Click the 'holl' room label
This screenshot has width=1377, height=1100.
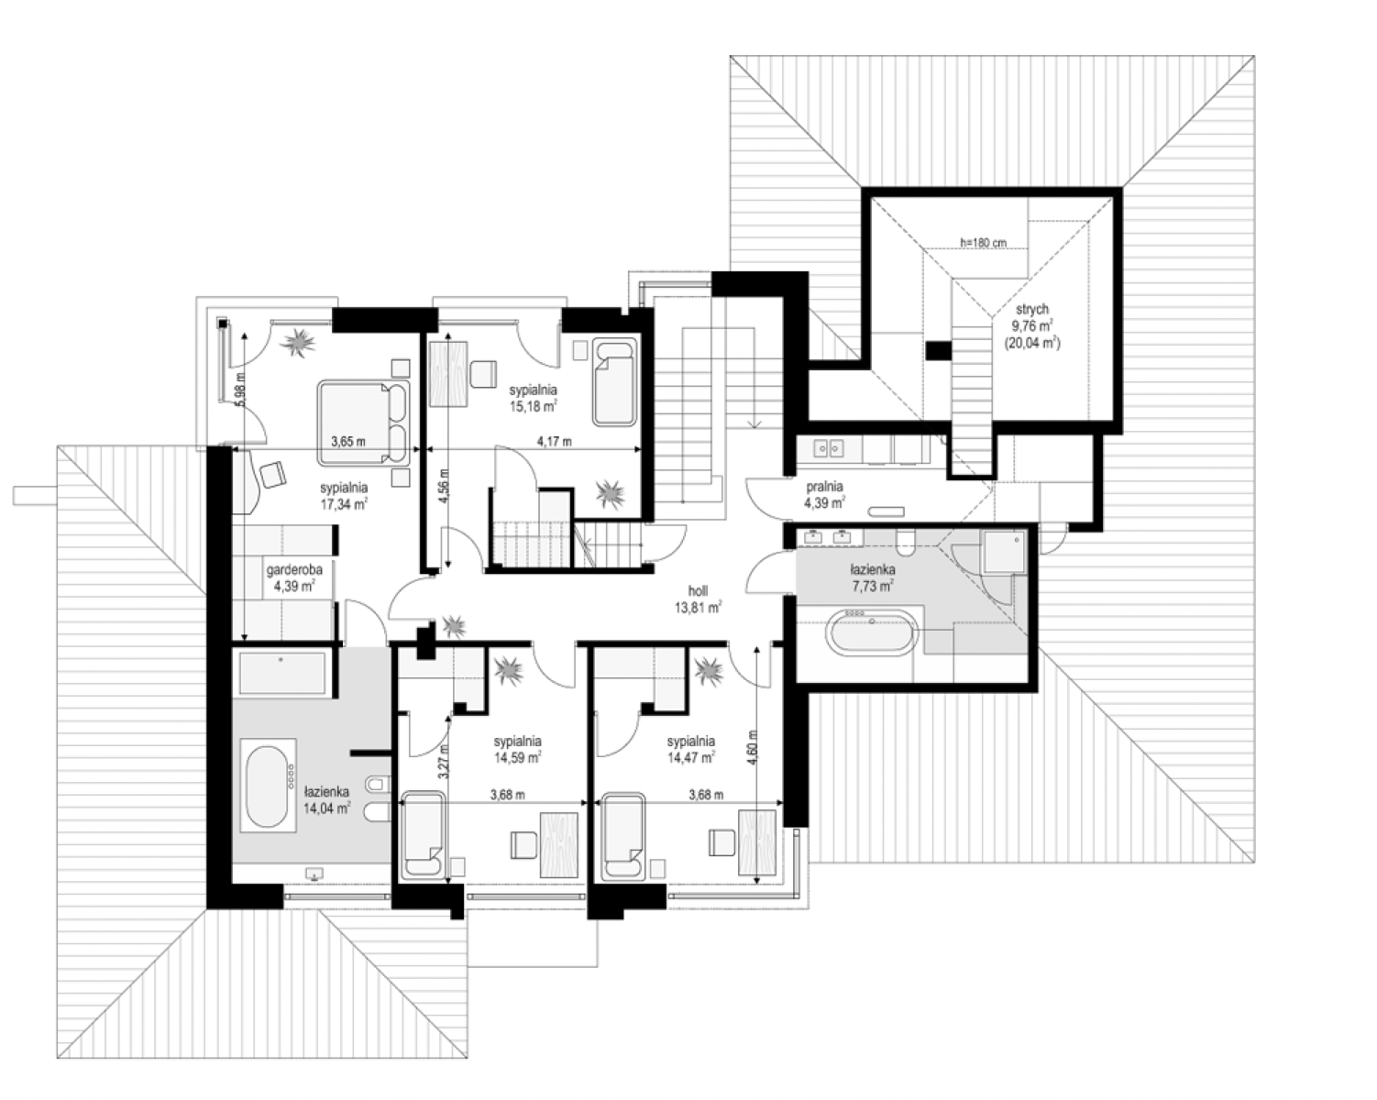coord(698,591)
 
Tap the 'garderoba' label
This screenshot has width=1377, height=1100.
coord(294,569)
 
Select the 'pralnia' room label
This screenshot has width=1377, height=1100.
coord(824,487)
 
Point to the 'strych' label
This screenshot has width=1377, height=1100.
coord(1031,309)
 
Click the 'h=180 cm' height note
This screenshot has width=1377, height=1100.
coord(984,243)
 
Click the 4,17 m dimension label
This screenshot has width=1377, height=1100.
coord(554,441)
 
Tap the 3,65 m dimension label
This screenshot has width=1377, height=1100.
coord(348,441)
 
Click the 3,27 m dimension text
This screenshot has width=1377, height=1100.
coord(445,760)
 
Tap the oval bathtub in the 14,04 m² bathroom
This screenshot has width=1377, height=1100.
coord(268,786)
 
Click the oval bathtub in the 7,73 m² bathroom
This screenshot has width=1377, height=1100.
coord(872,632)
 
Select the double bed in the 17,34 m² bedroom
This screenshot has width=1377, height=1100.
coord(363,423)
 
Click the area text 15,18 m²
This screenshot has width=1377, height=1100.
coord(533,406)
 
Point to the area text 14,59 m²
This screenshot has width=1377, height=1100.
coord(518,758)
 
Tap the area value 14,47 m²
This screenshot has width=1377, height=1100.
coord(690,758)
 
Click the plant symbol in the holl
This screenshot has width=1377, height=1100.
coord(454,626)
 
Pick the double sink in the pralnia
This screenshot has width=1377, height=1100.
coord(828,449)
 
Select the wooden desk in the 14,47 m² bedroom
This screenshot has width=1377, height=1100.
coord(757,842)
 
